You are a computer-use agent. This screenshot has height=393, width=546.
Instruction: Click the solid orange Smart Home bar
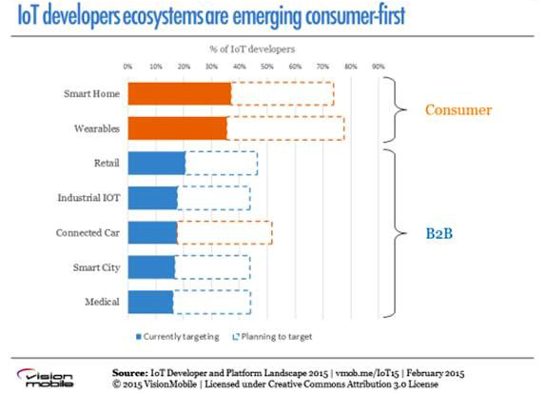click(x=180, y=93)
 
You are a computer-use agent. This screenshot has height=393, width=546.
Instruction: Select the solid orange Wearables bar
click(x=177, y=128)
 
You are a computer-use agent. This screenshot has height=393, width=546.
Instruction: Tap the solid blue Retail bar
click(x=157, y=163)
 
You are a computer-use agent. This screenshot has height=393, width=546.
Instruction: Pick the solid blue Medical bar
click(x=150, y=302)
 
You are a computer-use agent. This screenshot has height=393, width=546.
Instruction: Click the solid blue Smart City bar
click(x=151, y=267)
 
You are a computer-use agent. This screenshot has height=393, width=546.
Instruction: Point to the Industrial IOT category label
click(x=88, y=198)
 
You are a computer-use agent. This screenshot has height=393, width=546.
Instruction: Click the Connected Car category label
click(x=88, y=233)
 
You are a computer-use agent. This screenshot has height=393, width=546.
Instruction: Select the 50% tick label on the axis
click(x=267, y=67)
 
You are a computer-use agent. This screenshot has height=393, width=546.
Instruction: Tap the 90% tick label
click(x=379, y=67)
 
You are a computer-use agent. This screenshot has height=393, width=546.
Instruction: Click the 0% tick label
click(x=127, y=67)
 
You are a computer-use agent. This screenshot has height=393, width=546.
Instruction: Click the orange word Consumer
click(x=458, y=110)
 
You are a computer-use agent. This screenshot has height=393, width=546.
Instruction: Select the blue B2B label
click(x=439, y=233)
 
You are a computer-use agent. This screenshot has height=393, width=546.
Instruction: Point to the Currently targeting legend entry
click(x=178, y=337)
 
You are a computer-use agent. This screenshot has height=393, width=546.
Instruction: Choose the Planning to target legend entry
click(x=272, y=337)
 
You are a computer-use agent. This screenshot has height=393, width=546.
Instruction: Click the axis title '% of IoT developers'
click(x=252, y=49)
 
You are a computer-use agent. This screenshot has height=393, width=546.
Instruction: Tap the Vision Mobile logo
click(x=46, y=378)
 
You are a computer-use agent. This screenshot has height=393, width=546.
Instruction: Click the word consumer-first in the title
click(x=356, y=15)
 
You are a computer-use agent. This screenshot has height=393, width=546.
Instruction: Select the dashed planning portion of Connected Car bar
click(x=224, y=233)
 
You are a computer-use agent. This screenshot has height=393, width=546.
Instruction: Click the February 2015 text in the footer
click(x=436, y=373)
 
